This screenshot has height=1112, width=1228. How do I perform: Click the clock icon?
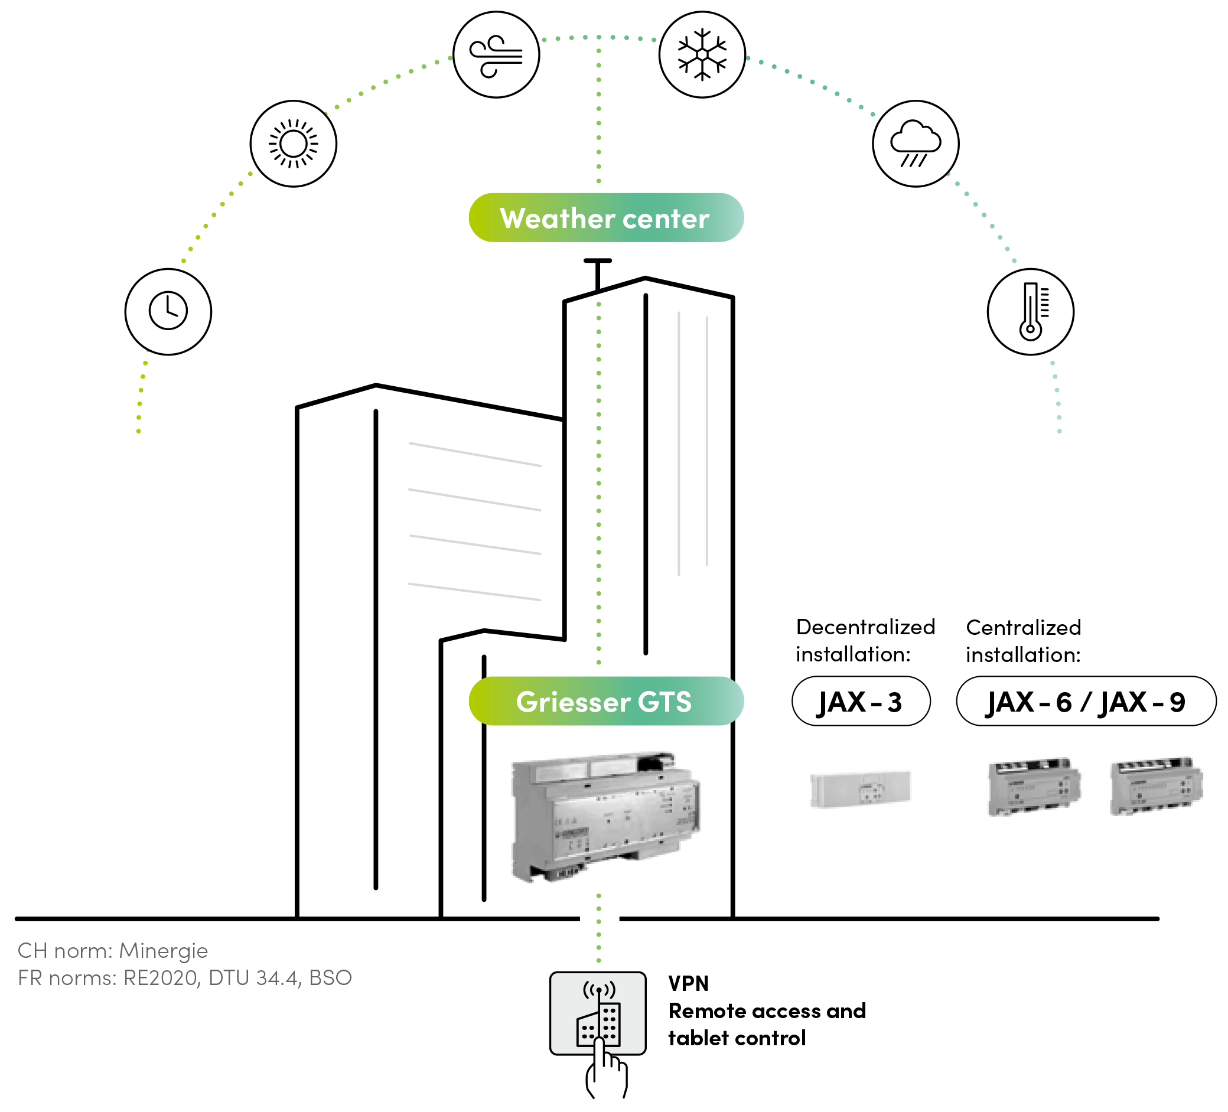168,312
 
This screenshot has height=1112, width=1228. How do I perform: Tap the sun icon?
294,144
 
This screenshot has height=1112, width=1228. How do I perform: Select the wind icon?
496,55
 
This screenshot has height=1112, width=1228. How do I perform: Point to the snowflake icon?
702,55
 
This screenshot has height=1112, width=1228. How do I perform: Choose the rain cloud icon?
916,144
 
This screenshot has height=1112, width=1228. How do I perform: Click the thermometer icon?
1030,312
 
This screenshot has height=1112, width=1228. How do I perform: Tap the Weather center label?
605,218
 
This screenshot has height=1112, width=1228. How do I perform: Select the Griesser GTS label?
605,702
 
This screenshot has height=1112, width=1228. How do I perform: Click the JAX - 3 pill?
861,702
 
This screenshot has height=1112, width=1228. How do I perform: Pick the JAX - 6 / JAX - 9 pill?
1086,702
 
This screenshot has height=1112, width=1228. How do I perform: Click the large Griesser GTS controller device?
605,816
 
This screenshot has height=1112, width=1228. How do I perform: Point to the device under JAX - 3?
860,789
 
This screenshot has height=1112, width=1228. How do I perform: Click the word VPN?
688,983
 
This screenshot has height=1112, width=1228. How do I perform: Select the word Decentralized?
865,627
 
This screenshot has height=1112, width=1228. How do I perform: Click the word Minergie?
163,951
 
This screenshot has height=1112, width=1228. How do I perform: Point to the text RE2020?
161,978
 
